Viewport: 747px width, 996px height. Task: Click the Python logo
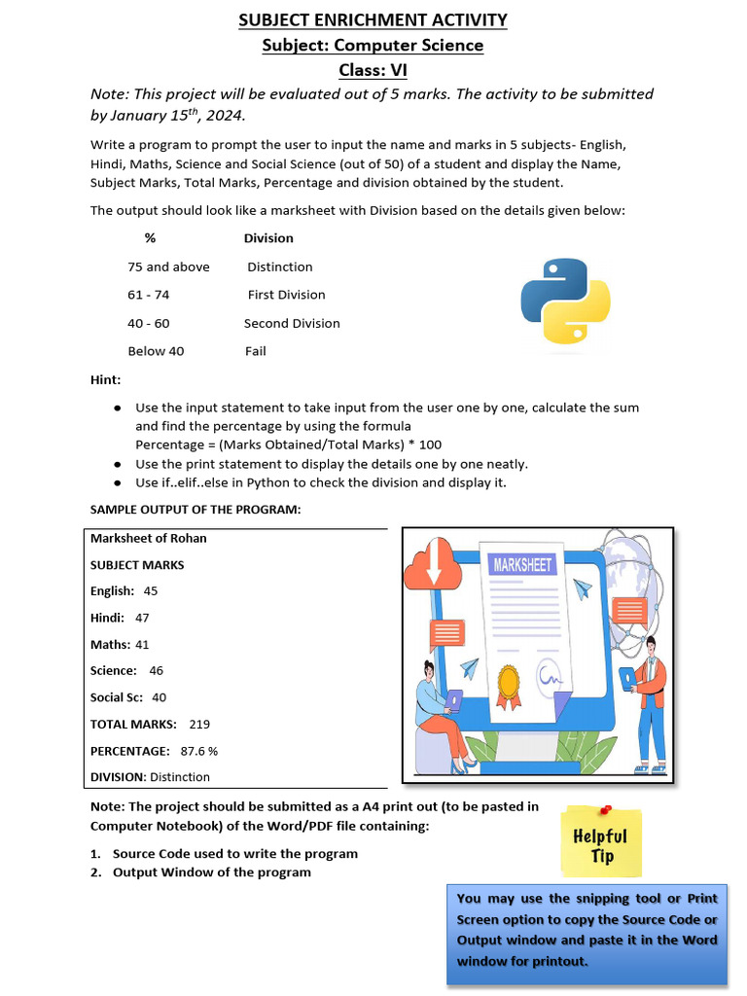tap(565, 301)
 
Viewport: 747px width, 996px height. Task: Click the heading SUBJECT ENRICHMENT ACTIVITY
tap(373, 19)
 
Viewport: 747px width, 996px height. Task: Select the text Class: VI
tap(373, 70)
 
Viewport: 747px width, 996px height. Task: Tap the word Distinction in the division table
tap(280, 267)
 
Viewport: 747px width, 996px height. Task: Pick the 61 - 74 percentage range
tap(148, 295)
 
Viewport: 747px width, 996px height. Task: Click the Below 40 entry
tap(156, 351)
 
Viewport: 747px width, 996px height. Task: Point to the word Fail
tap(256, 351)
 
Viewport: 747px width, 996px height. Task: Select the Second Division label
tap(292, 323)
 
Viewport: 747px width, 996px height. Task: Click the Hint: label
tap(106, 379)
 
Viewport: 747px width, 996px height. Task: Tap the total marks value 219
tap(199, 724)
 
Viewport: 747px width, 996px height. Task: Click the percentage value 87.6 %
tap(199, 751)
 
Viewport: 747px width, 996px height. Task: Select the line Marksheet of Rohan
tap(149, 538)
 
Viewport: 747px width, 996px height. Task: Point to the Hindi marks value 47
tap(142, 618)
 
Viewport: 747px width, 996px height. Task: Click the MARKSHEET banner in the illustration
tap(522, 565)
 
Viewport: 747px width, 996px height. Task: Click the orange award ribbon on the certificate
tap(508, 685)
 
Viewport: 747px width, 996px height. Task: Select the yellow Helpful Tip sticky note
tap(600, 842)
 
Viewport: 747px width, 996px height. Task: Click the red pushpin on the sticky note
tap(605, 808)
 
